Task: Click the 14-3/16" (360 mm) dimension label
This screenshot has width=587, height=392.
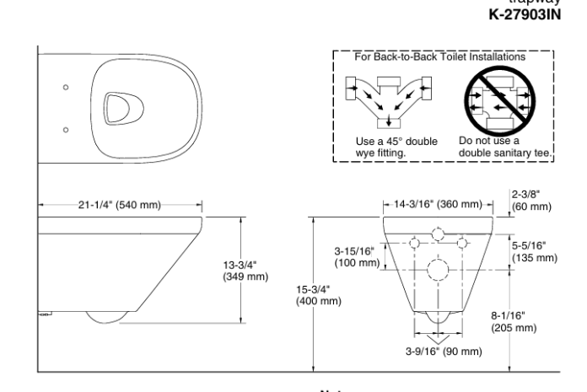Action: pos(439,203)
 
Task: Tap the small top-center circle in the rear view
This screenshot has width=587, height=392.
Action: pos(439,234)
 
